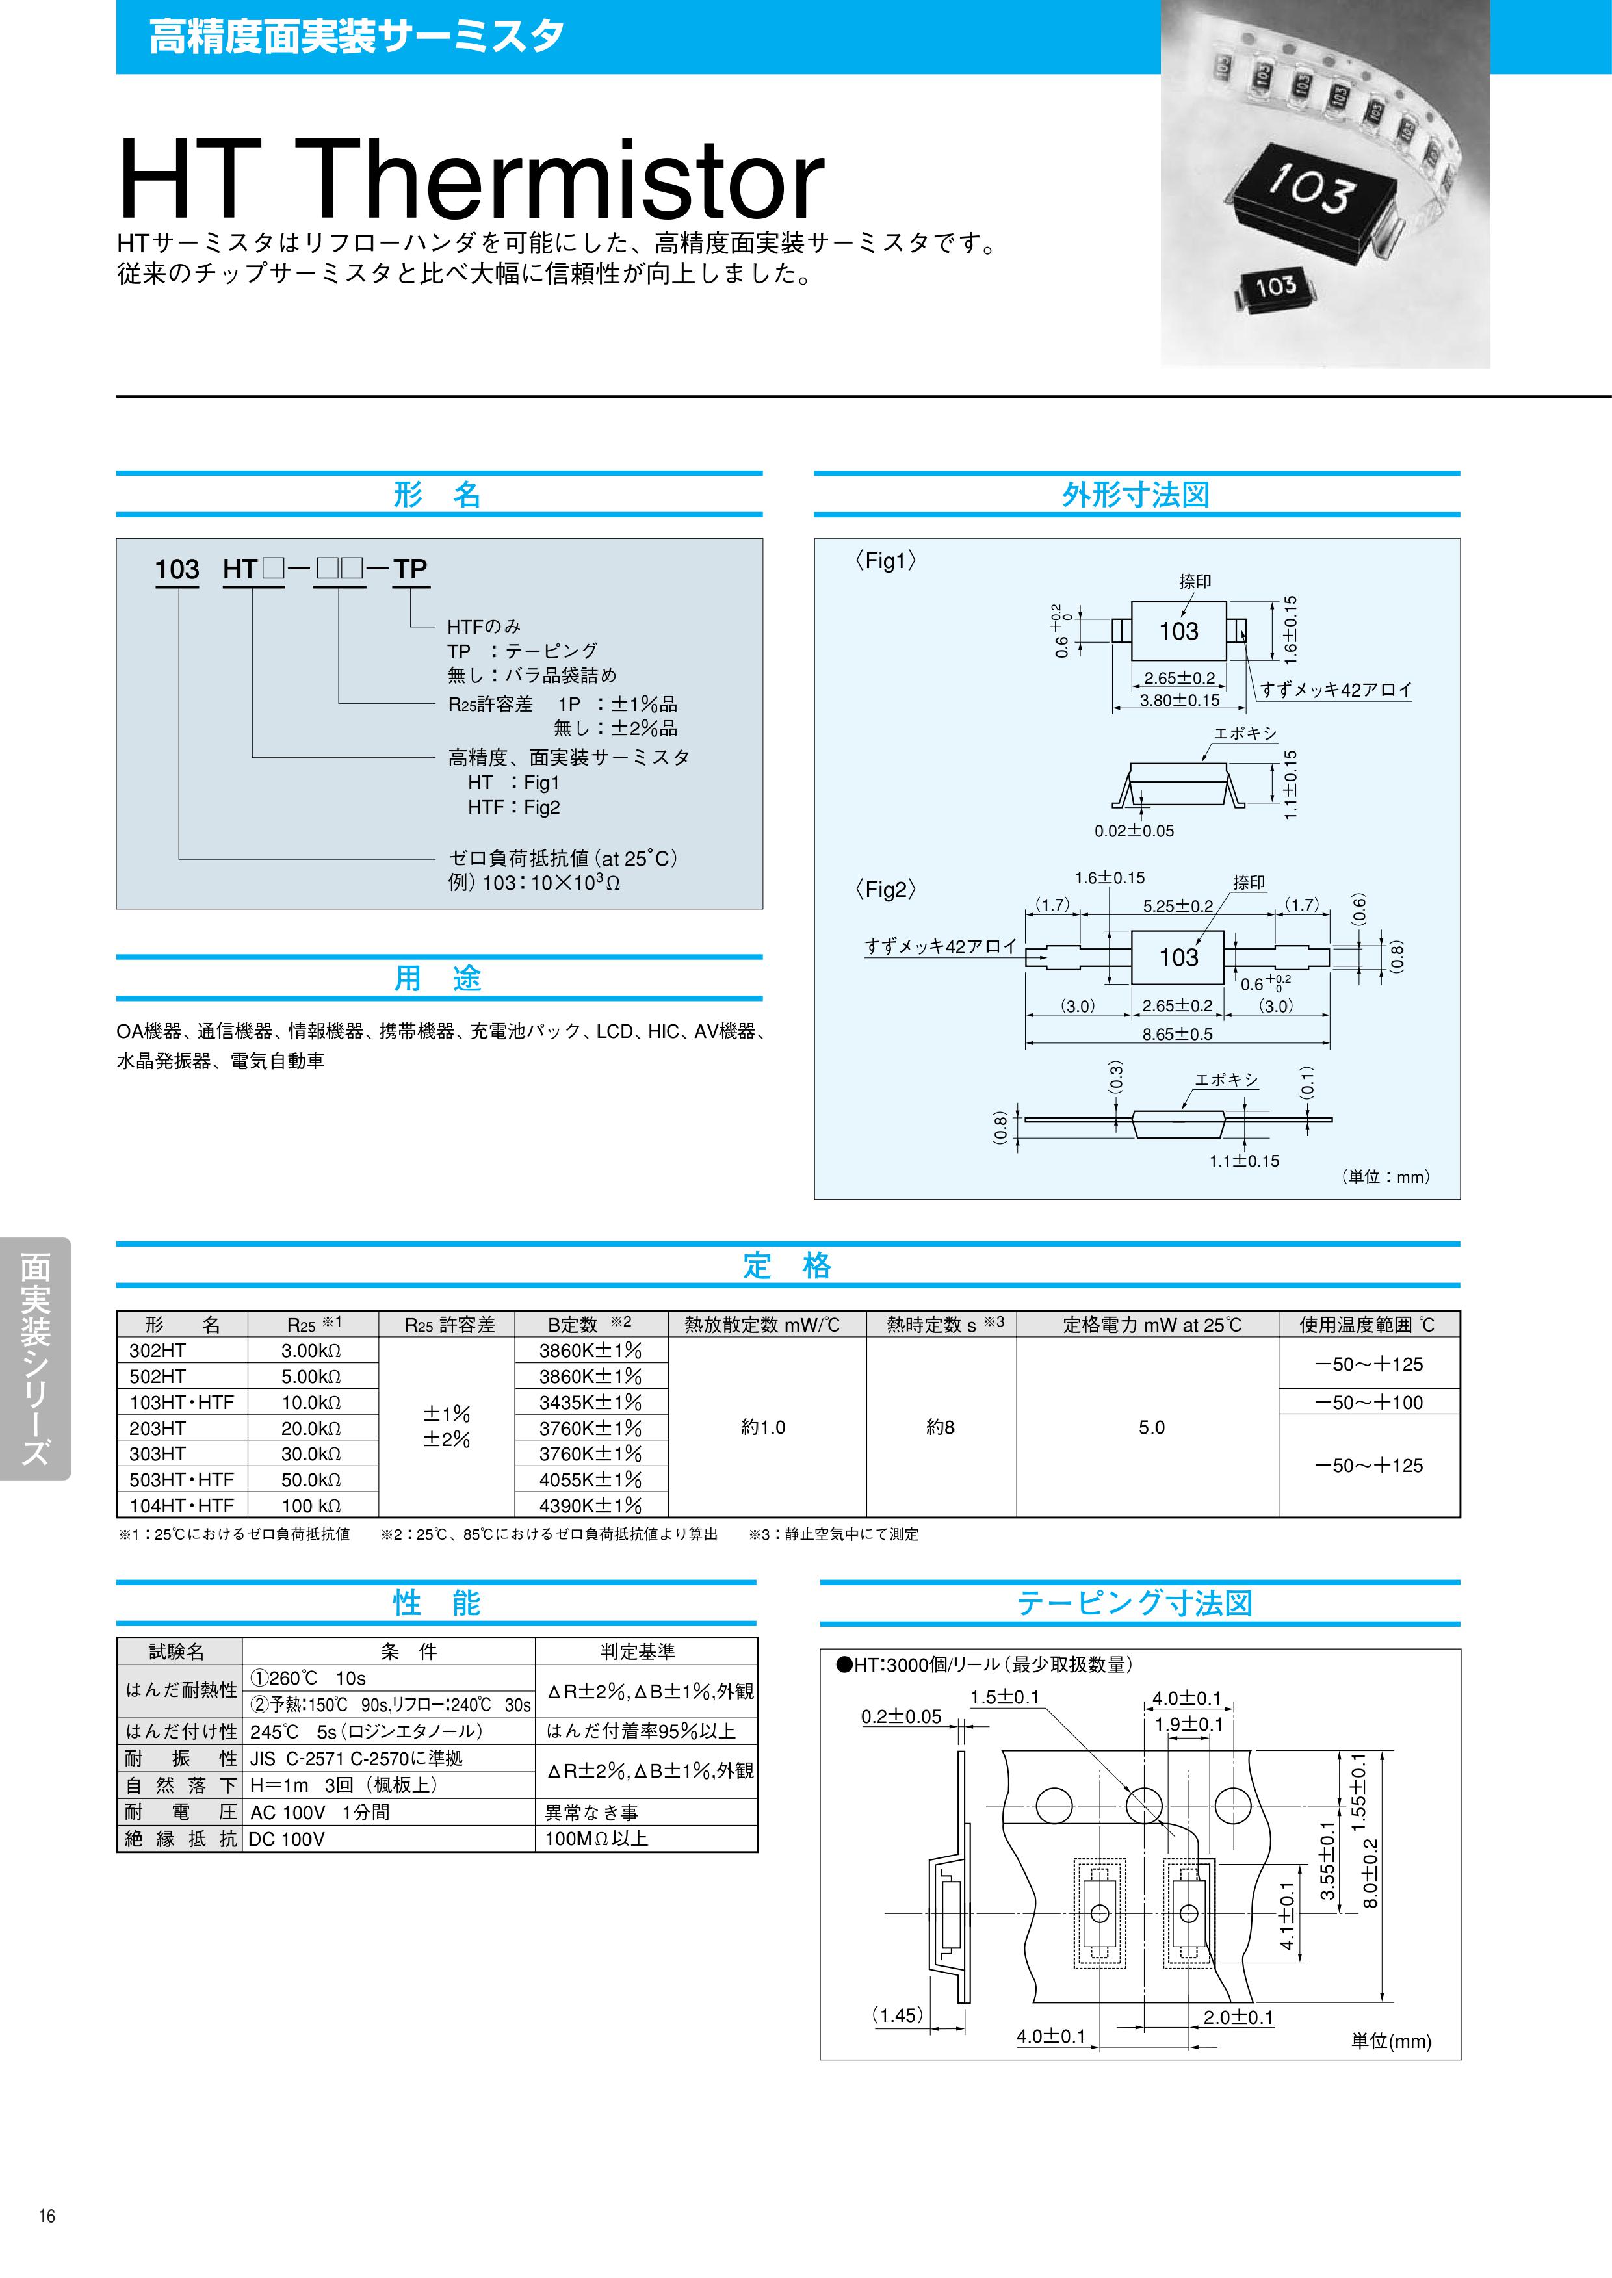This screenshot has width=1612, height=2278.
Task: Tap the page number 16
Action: click(x=47, y=2244)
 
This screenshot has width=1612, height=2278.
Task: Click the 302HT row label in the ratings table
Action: click(x=158, y=1351)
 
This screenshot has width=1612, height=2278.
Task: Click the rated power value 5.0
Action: click(x=1151, y=1427)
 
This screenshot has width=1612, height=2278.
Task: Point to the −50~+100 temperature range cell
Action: click(x=1369, y=1403)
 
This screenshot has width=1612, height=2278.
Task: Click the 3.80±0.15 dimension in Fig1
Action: click(x=1179, y=700)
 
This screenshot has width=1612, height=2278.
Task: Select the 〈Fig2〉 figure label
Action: click(x=885, y=889)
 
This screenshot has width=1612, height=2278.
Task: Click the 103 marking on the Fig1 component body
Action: click(x=1178, y=631)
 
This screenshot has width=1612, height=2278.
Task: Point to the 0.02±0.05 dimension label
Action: click(x=1134, y=831)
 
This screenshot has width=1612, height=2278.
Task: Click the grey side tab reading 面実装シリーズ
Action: click(x=36, y=1359)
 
